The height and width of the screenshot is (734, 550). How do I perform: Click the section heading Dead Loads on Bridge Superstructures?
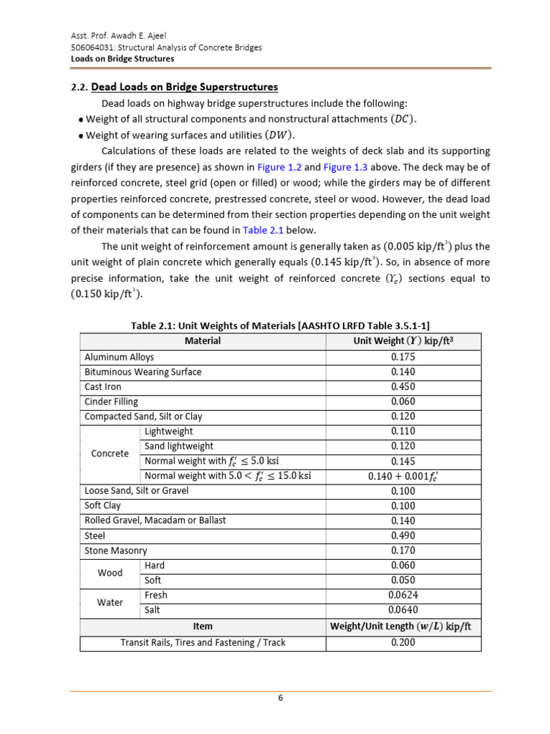pyautogui.click(x=185, y=87)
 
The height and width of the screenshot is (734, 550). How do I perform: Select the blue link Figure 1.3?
pyautogui.click(x=347, y=166)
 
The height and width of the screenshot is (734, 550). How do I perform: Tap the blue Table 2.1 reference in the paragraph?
pyautogui.click(x=264, y=230)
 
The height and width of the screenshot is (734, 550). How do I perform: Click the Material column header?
pyautogui.click(x=203, y=341)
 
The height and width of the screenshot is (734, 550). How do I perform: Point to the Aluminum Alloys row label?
pyautogui.click(x=119, y=357)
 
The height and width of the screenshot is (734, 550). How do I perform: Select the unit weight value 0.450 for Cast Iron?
pyautogui.click(x=402, y=386)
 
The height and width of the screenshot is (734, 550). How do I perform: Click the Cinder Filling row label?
pyautogui.click(x=111, y=401)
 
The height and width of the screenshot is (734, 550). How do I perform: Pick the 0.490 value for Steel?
pyautogui.click(x=402, y=535)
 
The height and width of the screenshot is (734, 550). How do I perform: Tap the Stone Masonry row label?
pyautogui.click(x=115, y=550)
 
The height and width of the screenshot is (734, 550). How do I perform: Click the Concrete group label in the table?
pyautogui.click(x=110, y=454)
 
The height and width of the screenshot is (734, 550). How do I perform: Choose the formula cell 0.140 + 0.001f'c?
pyautogui.click(x=402, y=476)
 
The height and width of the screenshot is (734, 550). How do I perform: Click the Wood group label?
pyautogui.click(x=110, y=573)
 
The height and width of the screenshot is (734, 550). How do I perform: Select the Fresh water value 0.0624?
pyautogui.click(x=402, y=595)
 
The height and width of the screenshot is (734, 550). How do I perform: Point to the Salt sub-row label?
pyautogui.click(x=153, y=610)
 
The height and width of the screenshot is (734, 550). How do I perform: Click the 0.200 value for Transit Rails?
pyautogui.click(x=402, y=642)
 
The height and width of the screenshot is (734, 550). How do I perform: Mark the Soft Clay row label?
pyautogui.click(x=102, y=505)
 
